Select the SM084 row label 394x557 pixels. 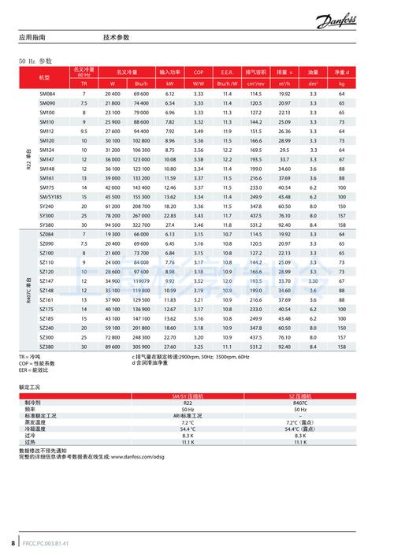click(x=47, y=94)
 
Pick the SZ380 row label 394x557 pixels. click(x=47, y=347)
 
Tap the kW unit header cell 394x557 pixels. click(x=169, y=83)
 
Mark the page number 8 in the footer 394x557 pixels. click(x=13, y=544)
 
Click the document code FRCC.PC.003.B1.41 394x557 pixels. click(x=46, y=544)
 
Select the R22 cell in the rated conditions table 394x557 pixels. click(x=188, y=402)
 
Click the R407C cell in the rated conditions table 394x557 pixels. click(x=299, y=402)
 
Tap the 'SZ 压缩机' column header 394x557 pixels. click(x=299, y=395)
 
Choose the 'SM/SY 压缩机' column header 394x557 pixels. click(x=188, y=395)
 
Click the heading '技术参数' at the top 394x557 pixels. click(x=116, y=37)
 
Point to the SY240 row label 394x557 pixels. click(x=47, y=206)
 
